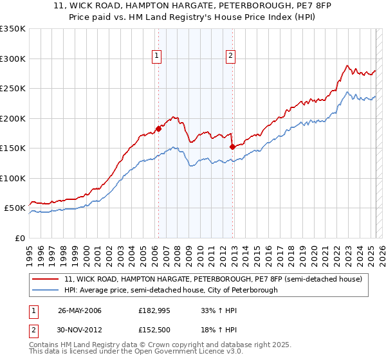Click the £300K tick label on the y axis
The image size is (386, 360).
[x=13, y=59]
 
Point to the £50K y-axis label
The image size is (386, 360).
[x=15, y=208]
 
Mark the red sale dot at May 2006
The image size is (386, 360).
[x=158, y=129]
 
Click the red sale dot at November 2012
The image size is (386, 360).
[x=232, y=147]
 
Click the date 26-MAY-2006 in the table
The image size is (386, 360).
[x=80, y=310]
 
